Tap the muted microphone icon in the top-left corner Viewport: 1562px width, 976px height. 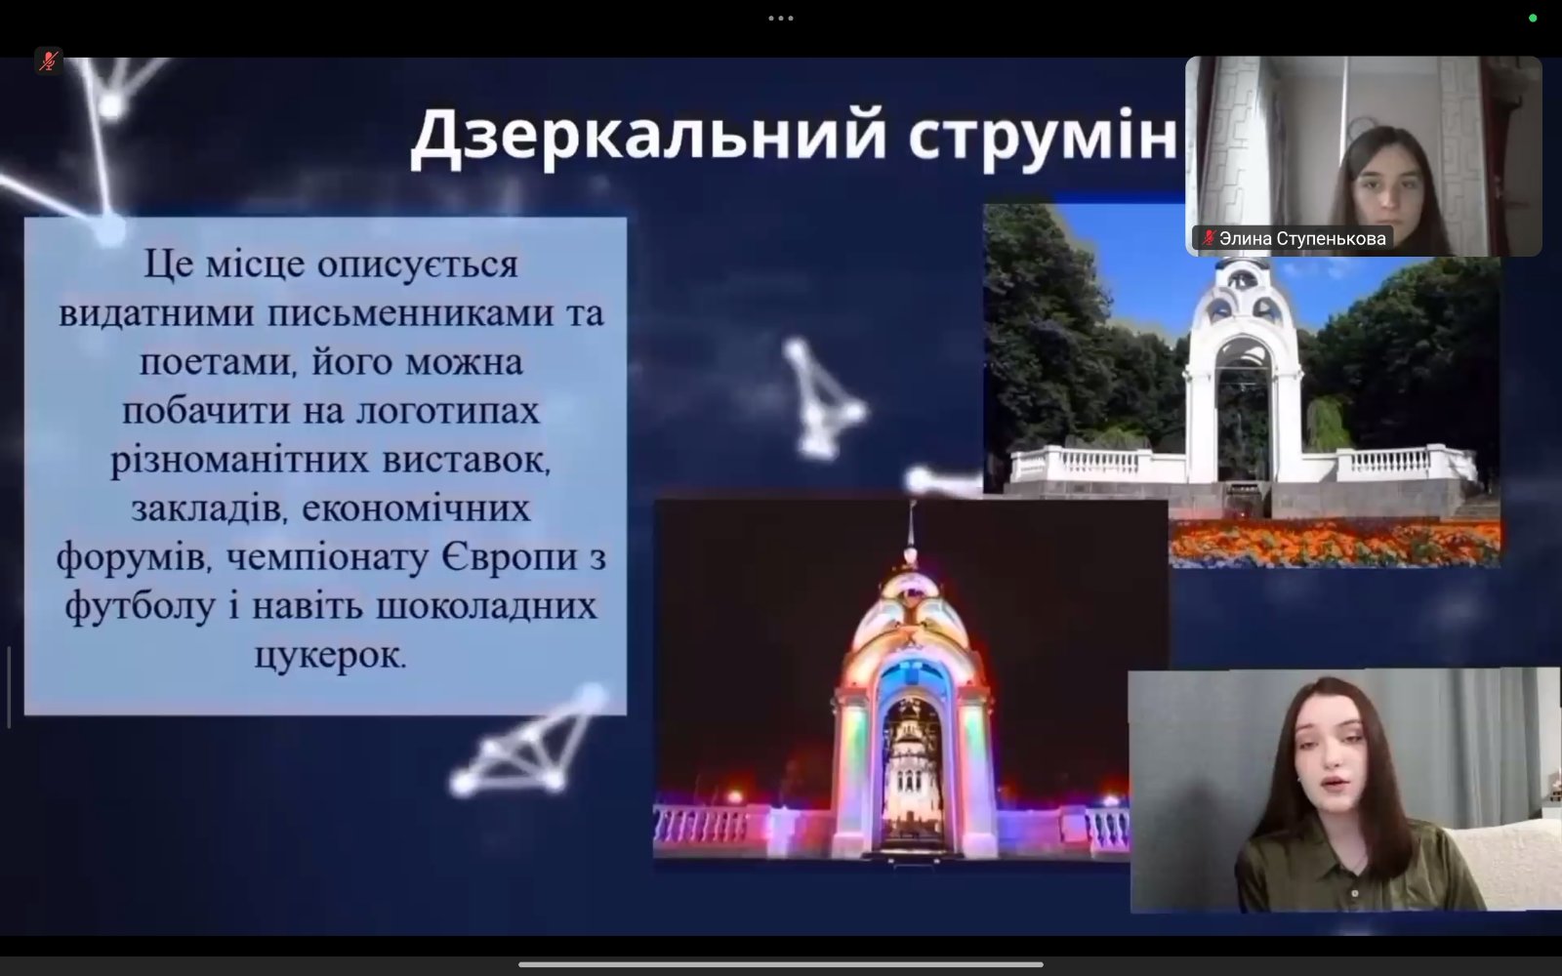pos(48,61)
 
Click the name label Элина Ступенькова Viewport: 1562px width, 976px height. pos(1302,238)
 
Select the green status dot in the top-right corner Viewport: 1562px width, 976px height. pos(1533,19)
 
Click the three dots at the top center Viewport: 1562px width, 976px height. pos(781,19)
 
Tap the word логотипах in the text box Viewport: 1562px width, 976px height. pos(448,411)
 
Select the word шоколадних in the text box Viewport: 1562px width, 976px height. pos(487,606)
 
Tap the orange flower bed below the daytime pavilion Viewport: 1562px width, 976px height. pos(1335,543)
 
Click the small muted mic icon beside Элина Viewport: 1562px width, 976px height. pos(1209,238)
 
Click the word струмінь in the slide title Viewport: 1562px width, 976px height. pos(1044,138)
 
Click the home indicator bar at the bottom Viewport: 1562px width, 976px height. pos(781,965)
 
